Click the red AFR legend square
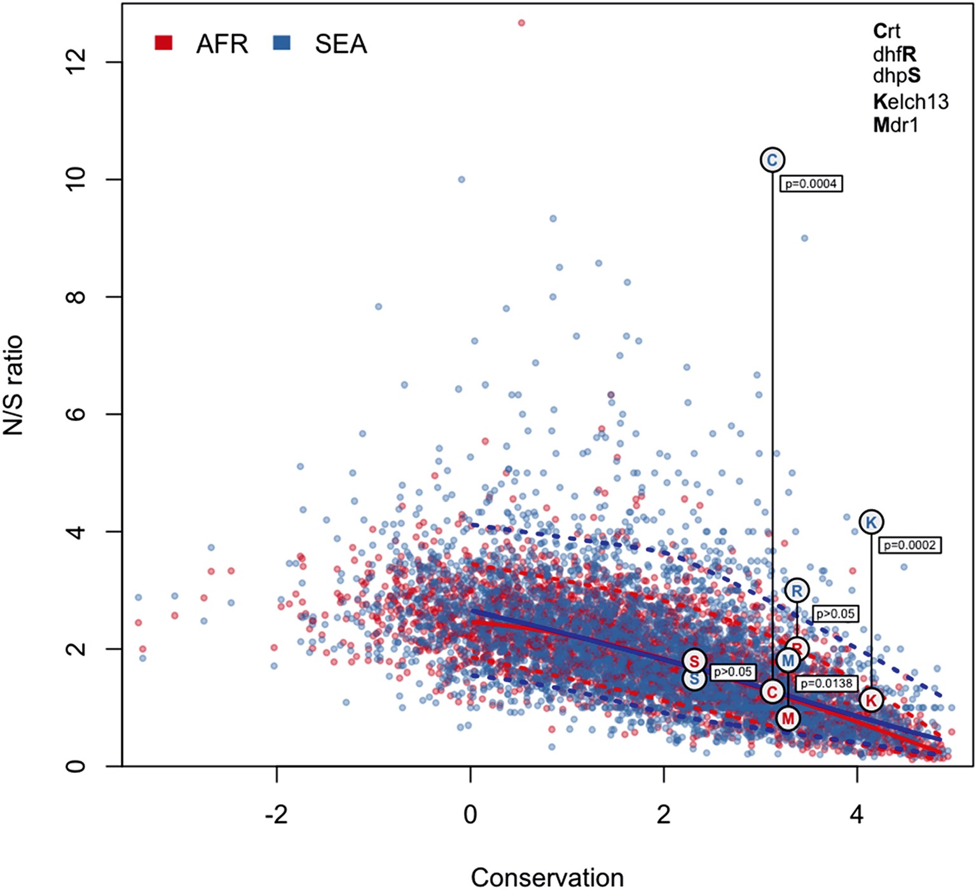point(163,43)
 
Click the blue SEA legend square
point(281,43)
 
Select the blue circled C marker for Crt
point(772,160)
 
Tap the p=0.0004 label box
point(811,184)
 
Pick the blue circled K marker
point(870,522)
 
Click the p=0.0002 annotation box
point(909,545)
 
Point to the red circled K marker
point(870,700)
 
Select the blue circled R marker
point(796,591)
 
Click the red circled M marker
point(788,718)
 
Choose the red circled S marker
point(694,661)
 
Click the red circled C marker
point(772,692)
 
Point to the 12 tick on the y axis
point(76,62)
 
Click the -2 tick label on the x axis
point(276,814)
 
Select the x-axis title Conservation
point(547,877)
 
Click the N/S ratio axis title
point(14,385)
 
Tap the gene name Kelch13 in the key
point(910,101)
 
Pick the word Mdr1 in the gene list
point(895,125)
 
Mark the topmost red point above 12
point(521,23)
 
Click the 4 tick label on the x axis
point(857,814)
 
